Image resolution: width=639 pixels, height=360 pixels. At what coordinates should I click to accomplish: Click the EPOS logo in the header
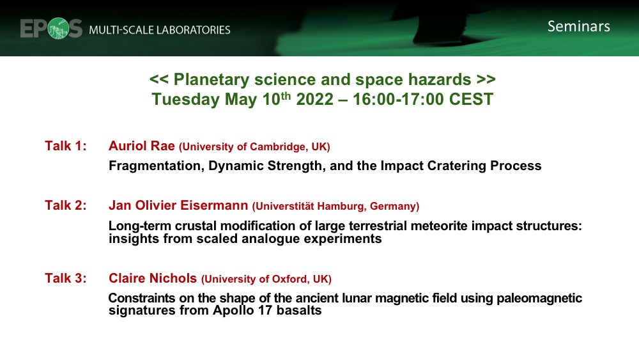tap(52, 29)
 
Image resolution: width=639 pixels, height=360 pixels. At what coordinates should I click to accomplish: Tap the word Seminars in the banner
tap(578, 26)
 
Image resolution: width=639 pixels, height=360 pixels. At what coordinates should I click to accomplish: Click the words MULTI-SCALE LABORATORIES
tap(160, 30)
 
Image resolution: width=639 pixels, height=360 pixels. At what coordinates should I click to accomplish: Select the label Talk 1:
tap(66, 146)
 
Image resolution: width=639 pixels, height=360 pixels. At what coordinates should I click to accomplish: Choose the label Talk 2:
tap(66, 205)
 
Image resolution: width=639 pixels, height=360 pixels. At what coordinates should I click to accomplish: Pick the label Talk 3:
tap(66, 278)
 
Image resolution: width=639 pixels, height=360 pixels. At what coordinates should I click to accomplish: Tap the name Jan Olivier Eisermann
tap(178, 205)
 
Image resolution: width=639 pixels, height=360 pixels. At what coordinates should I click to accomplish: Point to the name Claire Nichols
tap(152, 278)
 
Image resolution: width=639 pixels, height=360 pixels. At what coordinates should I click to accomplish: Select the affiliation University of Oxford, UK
tap(266, 279)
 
